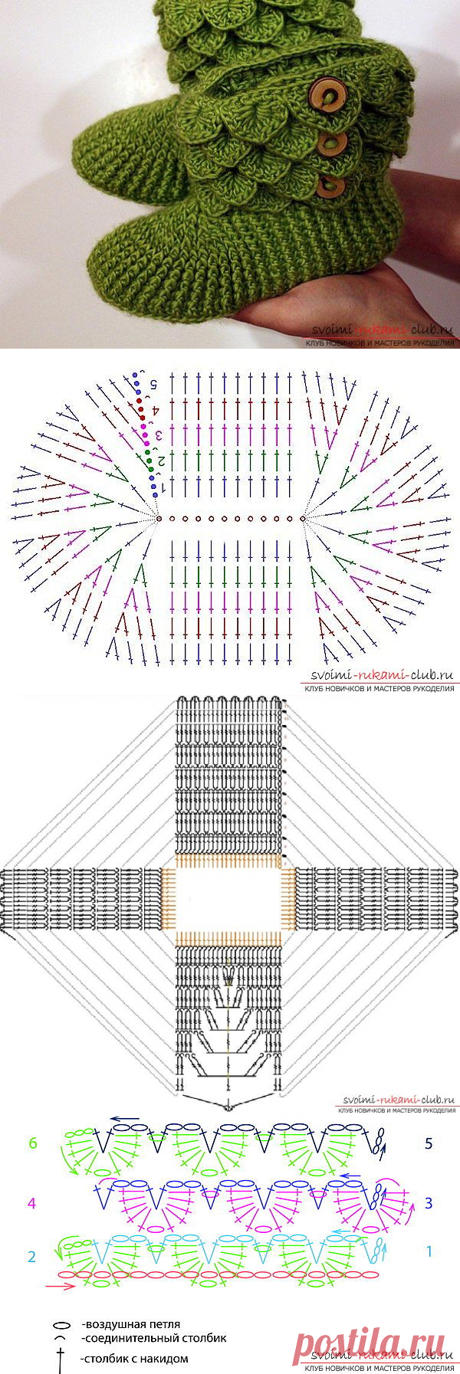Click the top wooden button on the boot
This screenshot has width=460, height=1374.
pos(323,97)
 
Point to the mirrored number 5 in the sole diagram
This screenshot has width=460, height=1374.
pos(153,382)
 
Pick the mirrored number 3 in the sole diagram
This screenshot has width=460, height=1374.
pos(159,435)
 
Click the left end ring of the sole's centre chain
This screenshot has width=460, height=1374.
pos(159,519)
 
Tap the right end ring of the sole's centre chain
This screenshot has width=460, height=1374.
pos(304,519)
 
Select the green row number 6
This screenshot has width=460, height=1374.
pos(32,1143)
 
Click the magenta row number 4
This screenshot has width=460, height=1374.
pos(31,1203)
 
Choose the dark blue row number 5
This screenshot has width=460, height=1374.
pos(429,1143)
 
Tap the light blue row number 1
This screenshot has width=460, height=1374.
pos(429,1251)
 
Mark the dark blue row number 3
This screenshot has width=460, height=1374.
pos(429,1203)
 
